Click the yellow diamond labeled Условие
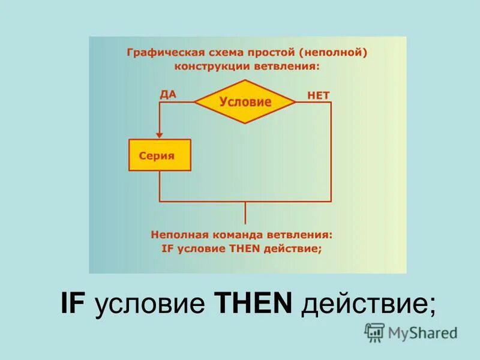coord(245,101)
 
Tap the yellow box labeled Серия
coord(160,155)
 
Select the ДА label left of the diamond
coord(168,94)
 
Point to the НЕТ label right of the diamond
coord(318,95)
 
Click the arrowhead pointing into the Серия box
coord(160,135)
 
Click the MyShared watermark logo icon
coord(374,332)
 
